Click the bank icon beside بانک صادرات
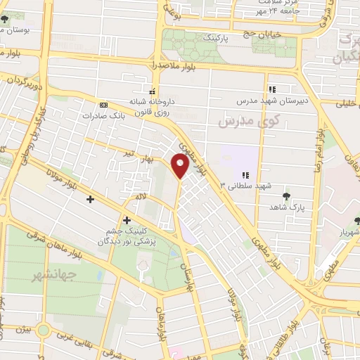pyautogui.click(x=104, y=104)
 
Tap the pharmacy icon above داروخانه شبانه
pyautogui.click(x=153, y=90)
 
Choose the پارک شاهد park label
pyautogui.click(x=288, y=208)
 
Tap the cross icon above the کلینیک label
pyautogui.click(x=127, y=221)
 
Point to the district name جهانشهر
pyautogui.click(x=49, y=276)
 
